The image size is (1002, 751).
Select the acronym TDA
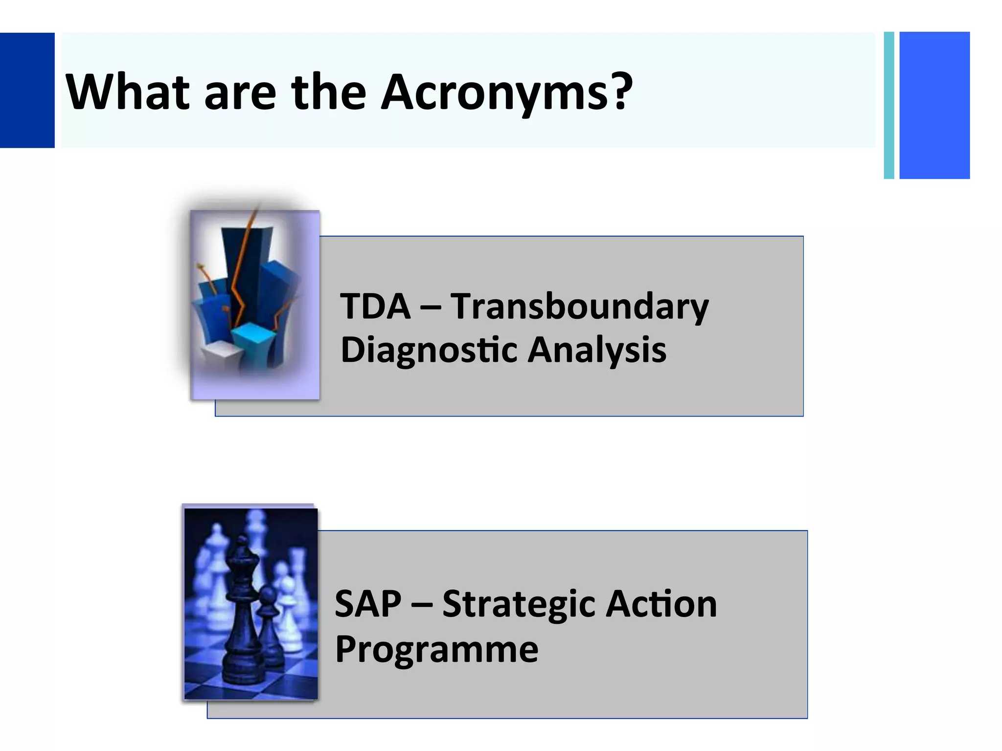[375, 307]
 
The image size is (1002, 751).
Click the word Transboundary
[579, 307]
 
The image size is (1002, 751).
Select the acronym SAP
[368, 604]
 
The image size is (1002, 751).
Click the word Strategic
[519, 604]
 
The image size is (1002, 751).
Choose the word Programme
[436, 649]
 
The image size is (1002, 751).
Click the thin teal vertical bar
[889, 105]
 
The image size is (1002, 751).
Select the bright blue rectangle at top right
[934, 105]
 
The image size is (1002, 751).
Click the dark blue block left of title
[27, 90]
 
